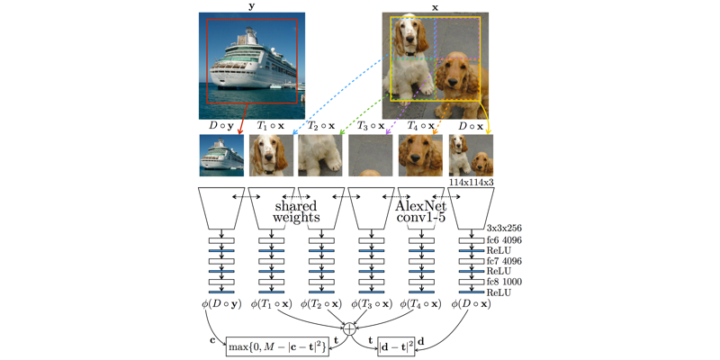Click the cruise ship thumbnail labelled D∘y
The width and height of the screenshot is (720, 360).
pyautogui.click(x=220, y=155)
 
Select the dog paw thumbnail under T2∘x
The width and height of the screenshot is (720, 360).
pyautogui.click(x=320, y=155)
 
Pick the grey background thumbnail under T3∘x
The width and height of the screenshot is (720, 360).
pyautogui.click(x=370, y=155)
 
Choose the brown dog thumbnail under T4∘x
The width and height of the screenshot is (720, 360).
pyautogui.click(x=420, y=155)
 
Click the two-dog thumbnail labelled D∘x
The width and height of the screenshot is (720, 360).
pyautogui.click(x=471, y=155)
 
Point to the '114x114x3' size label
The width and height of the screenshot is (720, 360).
pyautogui.click(x=472, y=183)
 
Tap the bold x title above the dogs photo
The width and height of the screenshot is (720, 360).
pyautogui.click(x=436, y=6)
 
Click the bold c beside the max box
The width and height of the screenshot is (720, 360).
pyautogui.click(x=213, y=340)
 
